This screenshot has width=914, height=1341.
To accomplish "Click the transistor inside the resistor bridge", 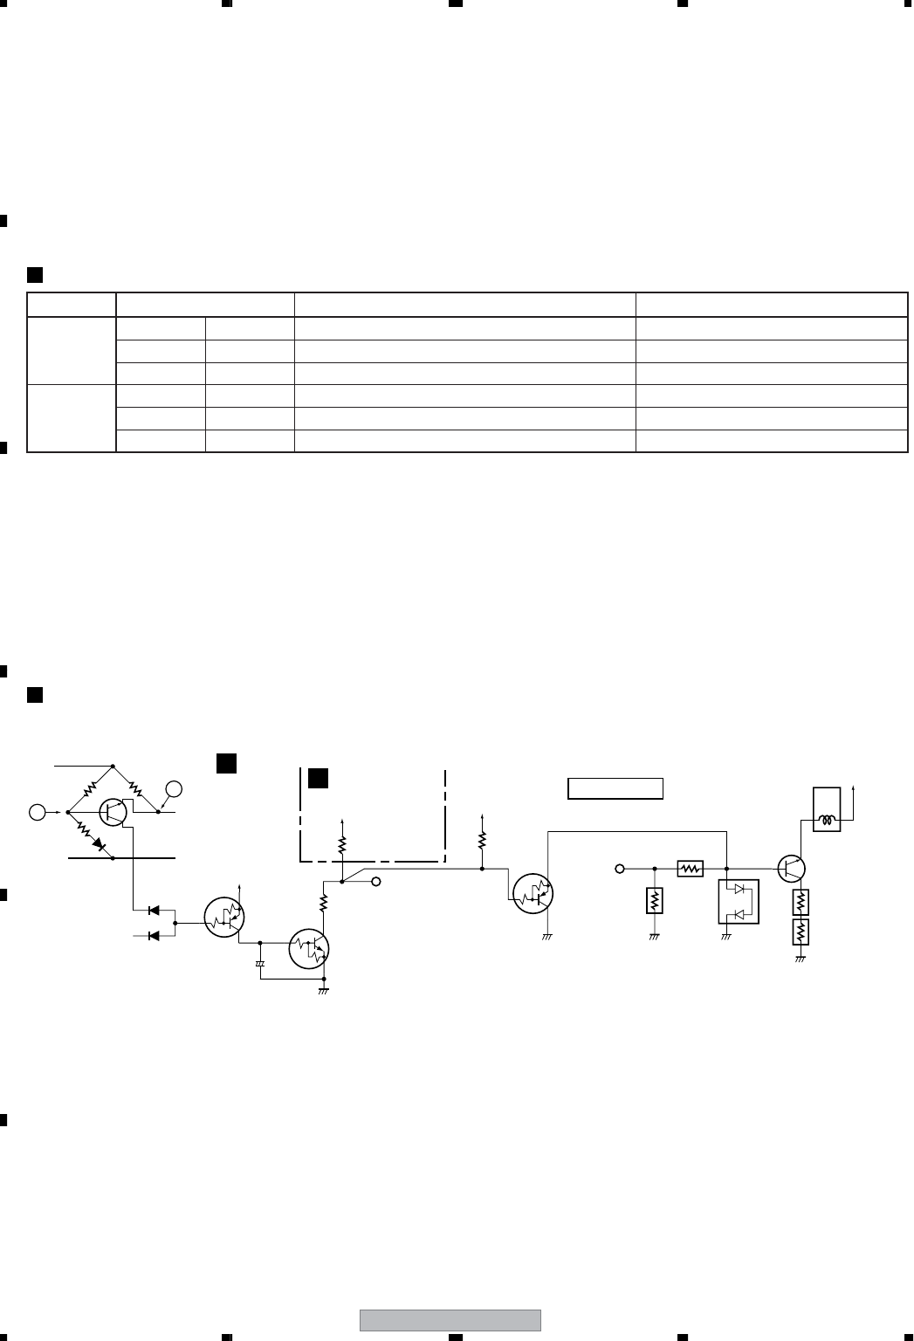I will pos(113,811).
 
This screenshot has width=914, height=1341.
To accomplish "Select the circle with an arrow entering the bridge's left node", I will pos(38,812).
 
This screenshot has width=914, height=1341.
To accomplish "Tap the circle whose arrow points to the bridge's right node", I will pos(175,789).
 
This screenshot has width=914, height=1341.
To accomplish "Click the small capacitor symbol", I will pos(259,964).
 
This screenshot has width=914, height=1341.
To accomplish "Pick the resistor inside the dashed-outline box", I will pos(342,844).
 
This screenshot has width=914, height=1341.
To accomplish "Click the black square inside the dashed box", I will pos(319,778).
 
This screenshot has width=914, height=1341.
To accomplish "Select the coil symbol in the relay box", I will pos(827,821).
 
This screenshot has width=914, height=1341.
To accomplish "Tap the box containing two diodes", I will pos(738,902).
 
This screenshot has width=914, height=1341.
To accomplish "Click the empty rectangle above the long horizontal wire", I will pos(616,788).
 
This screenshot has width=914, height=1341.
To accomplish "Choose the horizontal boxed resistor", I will pos(690,869).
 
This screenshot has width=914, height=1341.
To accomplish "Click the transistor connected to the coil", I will pos(791,868).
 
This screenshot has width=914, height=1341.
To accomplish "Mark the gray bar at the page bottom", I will pos(450,1320).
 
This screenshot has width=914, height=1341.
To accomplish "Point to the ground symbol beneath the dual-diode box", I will pos(726,937).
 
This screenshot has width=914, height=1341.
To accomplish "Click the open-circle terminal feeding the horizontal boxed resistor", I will pos(620,869).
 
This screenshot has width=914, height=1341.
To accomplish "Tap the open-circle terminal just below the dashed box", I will pos(376,882).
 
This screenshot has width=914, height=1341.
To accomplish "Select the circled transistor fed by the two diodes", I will pos(224,917).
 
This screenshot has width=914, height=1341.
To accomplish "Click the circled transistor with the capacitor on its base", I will pos(311,946).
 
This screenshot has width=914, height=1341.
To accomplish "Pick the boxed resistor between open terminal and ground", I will pos(655,900).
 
